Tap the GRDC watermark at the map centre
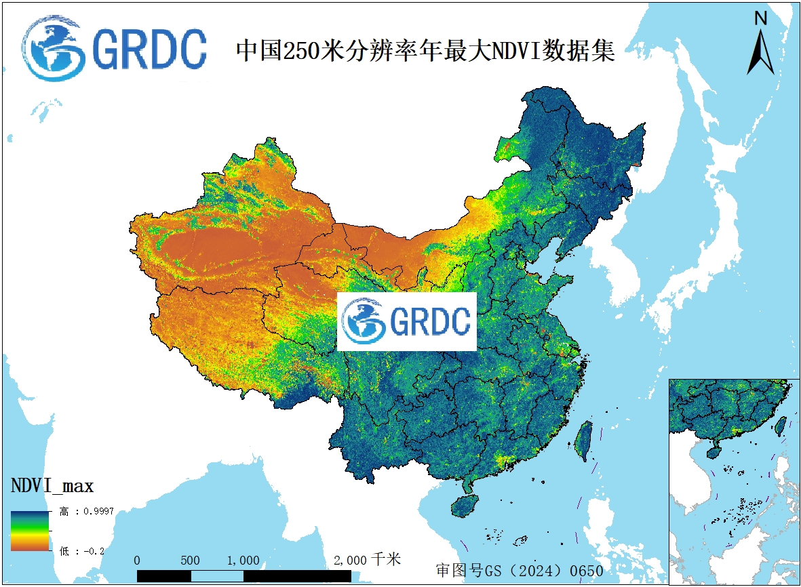[407, 321]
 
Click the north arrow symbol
[761, 51]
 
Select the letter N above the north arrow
[761, 18]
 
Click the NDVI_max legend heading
[52, 485]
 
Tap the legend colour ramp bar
[30, 530]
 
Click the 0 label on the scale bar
[138, 561]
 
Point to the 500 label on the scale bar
[191, 561]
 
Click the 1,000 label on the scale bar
[243, 561]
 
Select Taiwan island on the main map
[583, 440]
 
